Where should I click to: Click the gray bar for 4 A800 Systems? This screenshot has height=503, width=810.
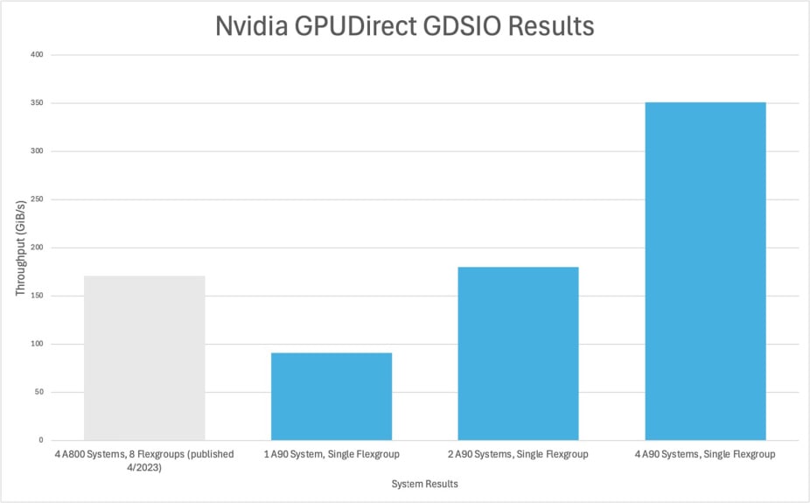[144, 358]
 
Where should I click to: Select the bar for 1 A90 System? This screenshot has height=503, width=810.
[332, 396]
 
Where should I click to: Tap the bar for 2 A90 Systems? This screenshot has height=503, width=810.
[519, 353]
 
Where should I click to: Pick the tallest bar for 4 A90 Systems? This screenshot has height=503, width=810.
[706, 271]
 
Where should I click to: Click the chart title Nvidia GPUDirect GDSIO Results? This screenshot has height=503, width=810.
[405, 26]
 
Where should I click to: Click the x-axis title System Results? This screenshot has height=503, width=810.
[425, 484]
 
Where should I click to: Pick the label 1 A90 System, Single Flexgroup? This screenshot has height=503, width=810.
[332, 454]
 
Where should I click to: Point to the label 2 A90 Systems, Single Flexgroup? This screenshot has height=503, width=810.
[519, 454]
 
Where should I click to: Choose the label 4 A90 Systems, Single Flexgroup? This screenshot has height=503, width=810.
[706, 454]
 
